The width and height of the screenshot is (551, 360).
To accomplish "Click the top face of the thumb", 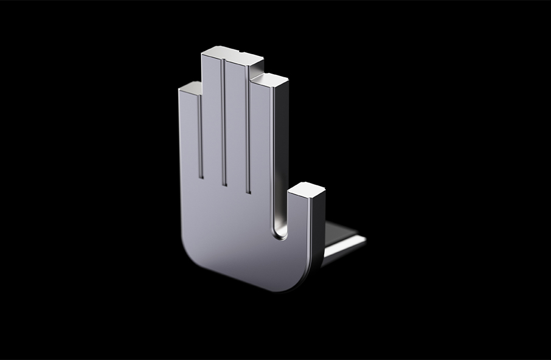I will coord(306,190).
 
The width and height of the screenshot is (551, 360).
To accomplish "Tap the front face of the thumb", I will coord(299,231).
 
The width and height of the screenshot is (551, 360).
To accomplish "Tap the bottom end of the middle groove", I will coord(224,184).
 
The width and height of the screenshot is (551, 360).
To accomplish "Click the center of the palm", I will coord(231,225).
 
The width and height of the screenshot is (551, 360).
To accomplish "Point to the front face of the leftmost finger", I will coord(189,134).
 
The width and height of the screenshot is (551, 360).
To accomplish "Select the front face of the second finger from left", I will coord(212,122).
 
